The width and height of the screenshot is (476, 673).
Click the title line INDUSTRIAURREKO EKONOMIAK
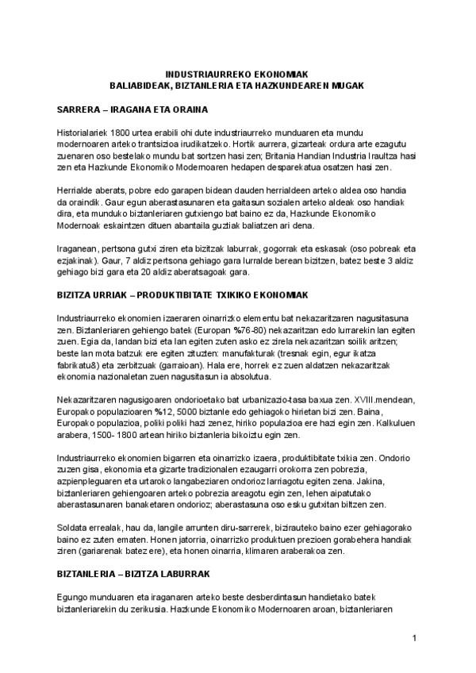coord(236,73)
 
